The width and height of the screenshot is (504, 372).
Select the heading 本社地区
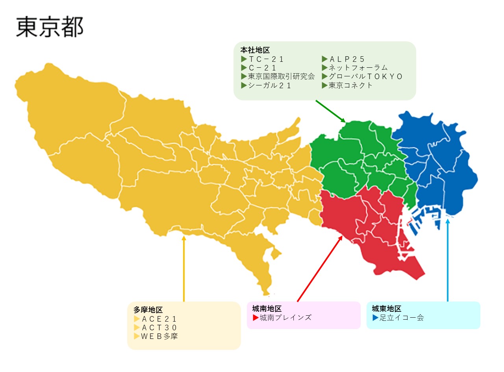(x=255, y=50)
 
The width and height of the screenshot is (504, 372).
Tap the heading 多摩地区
(x=148, y=310)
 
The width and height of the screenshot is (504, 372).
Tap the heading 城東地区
(x=386, y=309)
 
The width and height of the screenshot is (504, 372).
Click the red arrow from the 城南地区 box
(x=319, y=269)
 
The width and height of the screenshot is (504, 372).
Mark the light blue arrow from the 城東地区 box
(x=447, y=260)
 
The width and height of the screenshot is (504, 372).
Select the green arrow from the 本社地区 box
(x=330, y=111)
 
